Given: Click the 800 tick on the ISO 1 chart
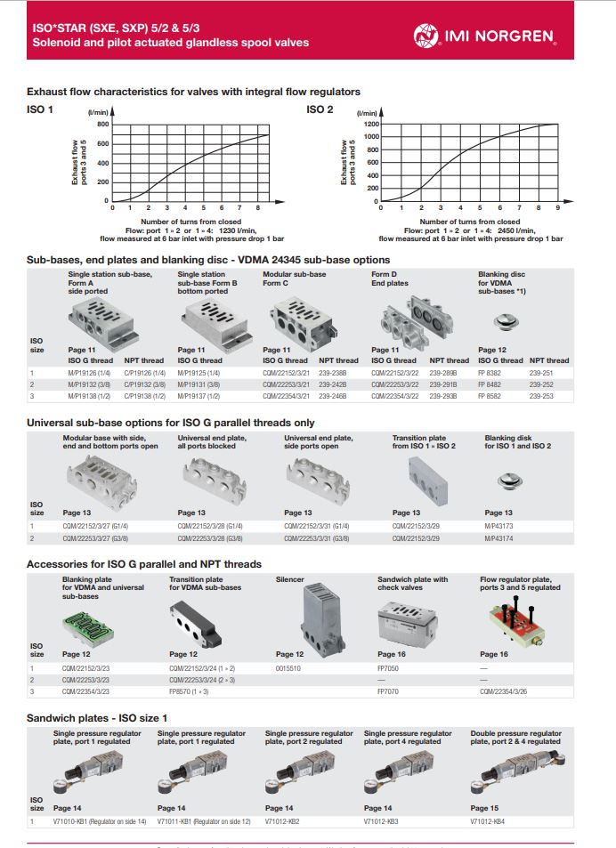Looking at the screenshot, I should click(101, 125).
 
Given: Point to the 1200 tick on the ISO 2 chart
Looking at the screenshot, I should click(369, 125).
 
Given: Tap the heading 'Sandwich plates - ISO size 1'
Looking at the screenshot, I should click(97, 716).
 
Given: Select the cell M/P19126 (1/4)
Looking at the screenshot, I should click(88, 373).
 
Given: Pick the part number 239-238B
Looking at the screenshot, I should click(332, 373).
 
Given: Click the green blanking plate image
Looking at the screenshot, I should click(86, 626).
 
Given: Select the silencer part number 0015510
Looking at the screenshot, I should click(289, 667).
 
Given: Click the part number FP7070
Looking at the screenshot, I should click(389, 690).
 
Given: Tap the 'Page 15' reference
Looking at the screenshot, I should click(483, 807).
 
